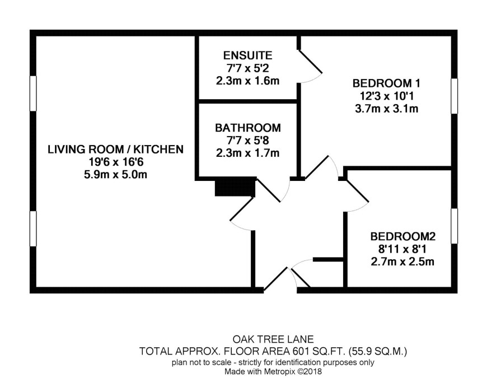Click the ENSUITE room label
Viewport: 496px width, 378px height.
coord(247,55)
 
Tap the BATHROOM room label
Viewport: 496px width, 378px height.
coord(247,128)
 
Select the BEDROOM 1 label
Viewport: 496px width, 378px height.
coord(386,83)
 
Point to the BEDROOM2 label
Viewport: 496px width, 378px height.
coord(403,236)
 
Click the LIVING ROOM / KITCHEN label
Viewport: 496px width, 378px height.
coord(115,150)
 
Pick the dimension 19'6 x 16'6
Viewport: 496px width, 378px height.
coord(116,162)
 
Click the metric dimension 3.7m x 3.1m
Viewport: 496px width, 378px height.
coord(386,109)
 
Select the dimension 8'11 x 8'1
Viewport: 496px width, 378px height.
coord(403,249)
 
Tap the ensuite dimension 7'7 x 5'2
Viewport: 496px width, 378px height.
coord(247,68)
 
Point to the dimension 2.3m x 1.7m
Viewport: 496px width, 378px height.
coord(247,153)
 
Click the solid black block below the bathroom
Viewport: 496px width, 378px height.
coord(235,188)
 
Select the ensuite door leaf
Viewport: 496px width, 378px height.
coord(310,62)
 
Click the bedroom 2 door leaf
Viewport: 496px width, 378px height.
coord(358,191)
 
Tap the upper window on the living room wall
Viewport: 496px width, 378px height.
coord(33,94)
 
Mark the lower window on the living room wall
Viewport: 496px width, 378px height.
coord(33,228)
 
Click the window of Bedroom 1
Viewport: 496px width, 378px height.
coord(454,96)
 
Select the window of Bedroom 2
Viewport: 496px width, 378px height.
coord(454,226)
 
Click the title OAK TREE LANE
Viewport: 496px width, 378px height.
coord(273,339)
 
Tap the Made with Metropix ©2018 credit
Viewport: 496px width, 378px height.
coord(273,371)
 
